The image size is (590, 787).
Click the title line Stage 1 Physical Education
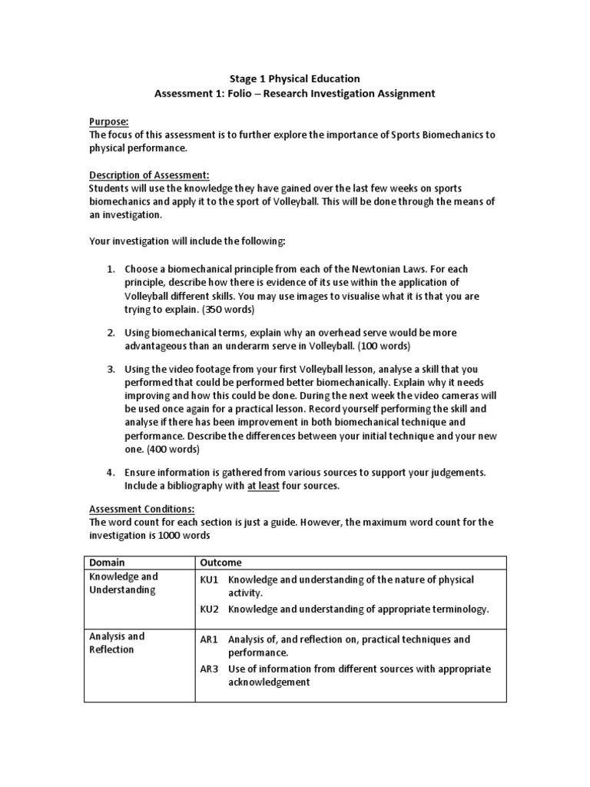click(x=295, y=78)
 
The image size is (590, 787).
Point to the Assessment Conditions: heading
click(x=142, y=509)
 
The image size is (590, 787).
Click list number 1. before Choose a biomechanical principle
click(x=111, y=270)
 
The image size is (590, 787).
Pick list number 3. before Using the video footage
click(x=111, y=370)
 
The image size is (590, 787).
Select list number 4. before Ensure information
click(x=111, y=471)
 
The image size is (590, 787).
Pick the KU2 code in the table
click(x=210, y=609)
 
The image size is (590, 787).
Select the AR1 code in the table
click(x=210, y=639)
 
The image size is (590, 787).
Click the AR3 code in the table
click(x=210, y=669)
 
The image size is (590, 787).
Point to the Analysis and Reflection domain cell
click(x=117, y=643)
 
